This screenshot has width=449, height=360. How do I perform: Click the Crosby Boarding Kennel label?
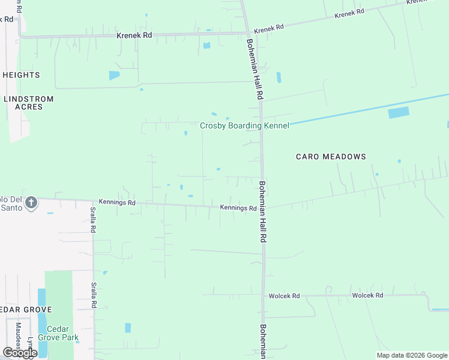coord(244,125)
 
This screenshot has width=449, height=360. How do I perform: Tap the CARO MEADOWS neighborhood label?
coord(331,157)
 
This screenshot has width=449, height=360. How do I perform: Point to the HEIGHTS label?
coord(21,75)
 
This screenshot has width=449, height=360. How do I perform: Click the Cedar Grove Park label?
coord(58,333)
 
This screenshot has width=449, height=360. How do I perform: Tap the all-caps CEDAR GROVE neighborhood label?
coord(26,310)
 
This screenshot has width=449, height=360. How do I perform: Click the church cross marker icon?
coord(31,203)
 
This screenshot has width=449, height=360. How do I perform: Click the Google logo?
coord(19,353)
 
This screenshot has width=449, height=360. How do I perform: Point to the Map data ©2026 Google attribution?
coord(411,355)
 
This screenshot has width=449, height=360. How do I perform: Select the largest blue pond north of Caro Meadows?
coord(398,112)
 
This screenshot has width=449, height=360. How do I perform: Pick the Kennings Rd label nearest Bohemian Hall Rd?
coord(238,208)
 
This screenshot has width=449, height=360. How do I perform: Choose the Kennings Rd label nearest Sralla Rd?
coord(118,203)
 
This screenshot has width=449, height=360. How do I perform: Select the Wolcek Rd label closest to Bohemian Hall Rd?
coord(284,296)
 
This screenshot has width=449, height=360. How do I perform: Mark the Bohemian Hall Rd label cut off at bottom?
coord(263,341)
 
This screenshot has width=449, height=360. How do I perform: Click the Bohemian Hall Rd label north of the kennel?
coord(256,69)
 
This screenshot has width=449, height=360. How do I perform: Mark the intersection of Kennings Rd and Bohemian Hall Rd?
coord(263,208)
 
